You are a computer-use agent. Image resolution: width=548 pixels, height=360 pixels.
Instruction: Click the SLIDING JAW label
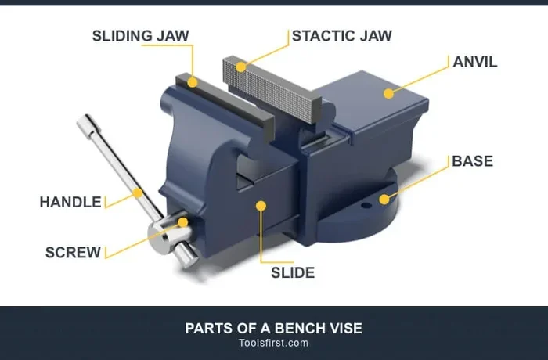140,36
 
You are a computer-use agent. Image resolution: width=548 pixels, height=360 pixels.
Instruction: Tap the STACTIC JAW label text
342,36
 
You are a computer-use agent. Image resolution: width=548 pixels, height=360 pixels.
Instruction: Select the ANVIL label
475,62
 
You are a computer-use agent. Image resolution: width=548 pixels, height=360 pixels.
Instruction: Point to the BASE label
473,161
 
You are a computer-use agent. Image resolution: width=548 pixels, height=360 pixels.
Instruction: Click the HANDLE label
70,202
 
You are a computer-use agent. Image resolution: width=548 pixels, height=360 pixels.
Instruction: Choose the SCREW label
73,252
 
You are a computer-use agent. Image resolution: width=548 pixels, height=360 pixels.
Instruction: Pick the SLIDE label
293,272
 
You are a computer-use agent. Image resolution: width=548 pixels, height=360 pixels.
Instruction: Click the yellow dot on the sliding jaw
193,82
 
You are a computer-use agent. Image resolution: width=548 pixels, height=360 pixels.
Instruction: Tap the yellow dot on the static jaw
241,67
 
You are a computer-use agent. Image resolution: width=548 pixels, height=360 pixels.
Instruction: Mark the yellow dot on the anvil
388,93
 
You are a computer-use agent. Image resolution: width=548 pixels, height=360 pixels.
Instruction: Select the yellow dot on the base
384,200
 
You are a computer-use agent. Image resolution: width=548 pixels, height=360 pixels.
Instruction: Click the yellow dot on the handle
139,193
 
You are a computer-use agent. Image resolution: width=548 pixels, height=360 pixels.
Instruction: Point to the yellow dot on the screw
182,222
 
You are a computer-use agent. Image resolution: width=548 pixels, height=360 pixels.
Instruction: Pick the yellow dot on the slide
261,206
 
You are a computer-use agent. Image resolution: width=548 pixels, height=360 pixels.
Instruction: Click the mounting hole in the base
366,206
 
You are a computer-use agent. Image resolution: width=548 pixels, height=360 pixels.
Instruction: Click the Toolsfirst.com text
274,343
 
